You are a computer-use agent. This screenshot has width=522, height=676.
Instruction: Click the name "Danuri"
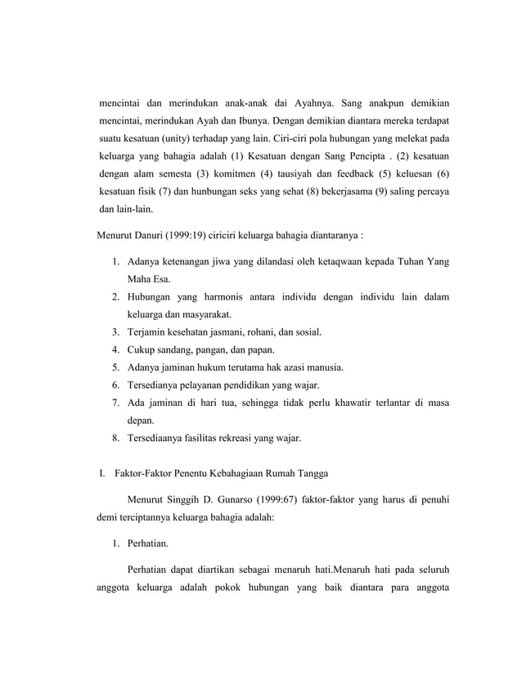pos(144,237)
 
